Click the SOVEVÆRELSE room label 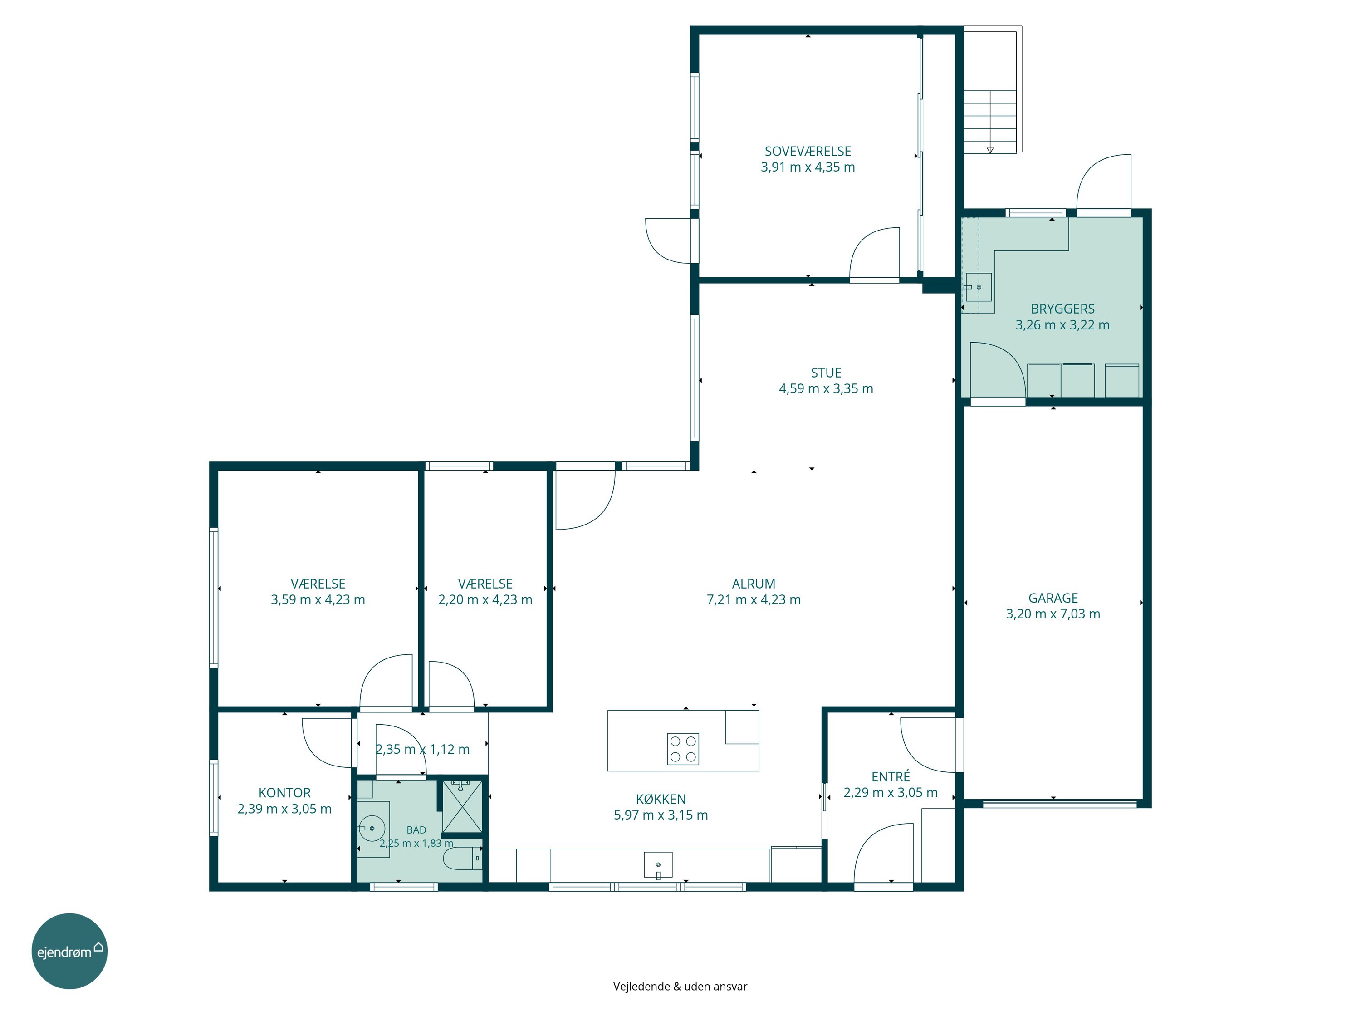click(x=808, y=152)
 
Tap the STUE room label click(x=826, y=373)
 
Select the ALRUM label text click(x=754, y=584)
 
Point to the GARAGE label click(x=1053, y=598)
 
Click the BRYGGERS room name click(x=1062, y=309)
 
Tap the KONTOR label click(x=284, y=793)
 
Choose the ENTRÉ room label click(x=890, y=777)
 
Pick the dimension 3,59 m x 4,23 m click(x=318, y=600)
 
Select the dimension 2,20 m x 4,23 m click(x=485, y=600)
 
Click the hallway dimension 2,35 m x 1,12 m click(x=423, y=750)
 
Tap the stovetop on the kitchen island click(x=683, y=749)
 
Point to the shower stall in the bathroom click(x=462, y=805)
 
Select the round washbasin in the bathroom click(x=372, y=828)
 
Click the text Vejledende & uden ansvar click(x=680, y=987)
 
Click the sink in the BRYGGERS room click(x=978, y=287)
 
